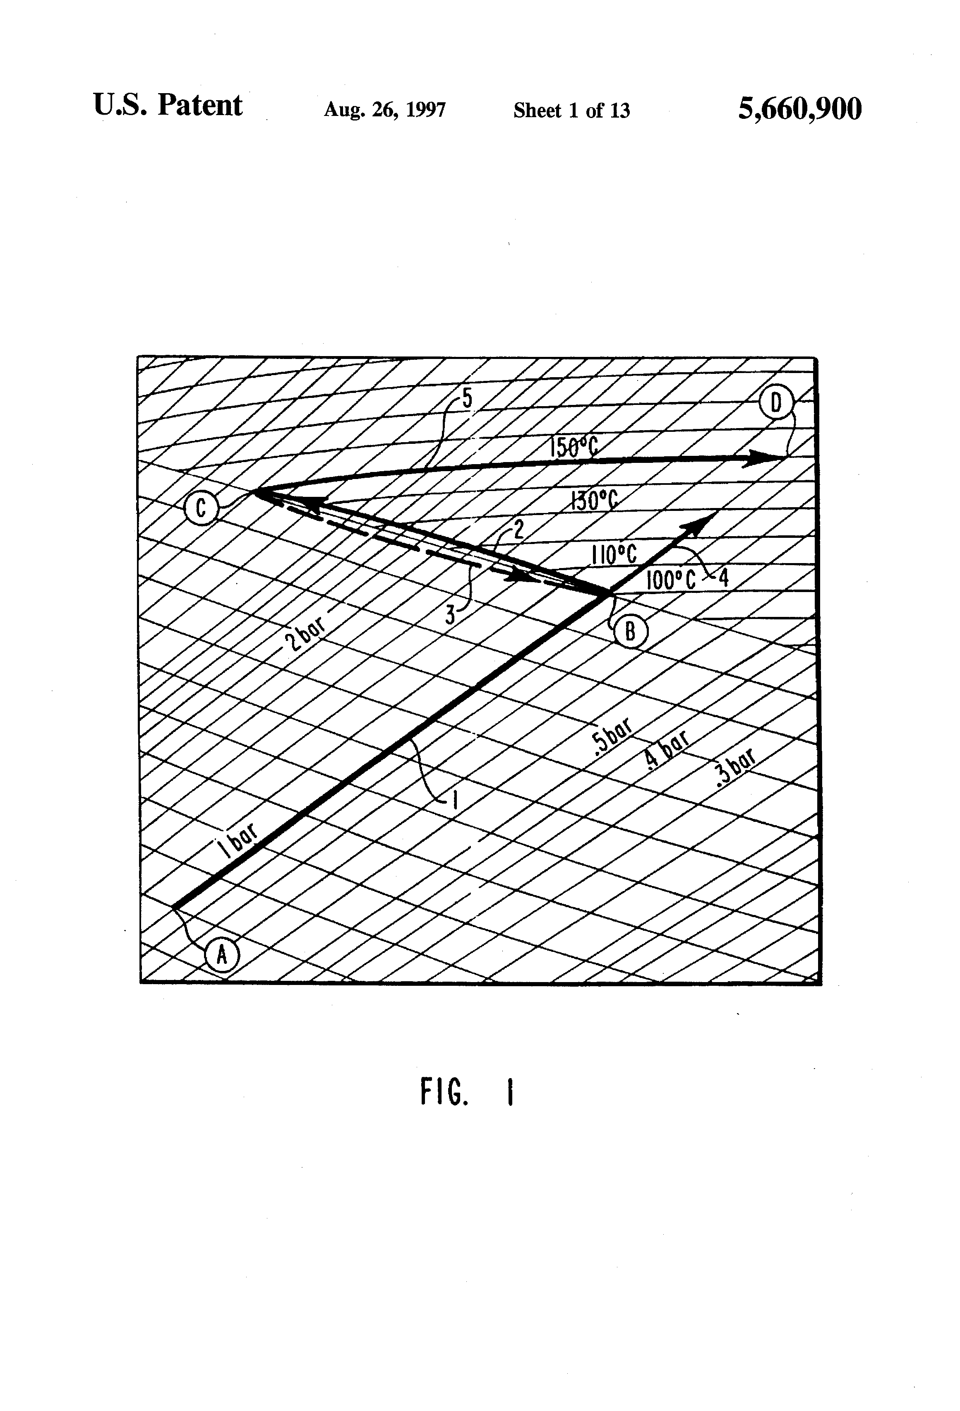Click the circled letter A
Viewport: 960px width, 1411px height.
pyautogui.click(x=222, y=955)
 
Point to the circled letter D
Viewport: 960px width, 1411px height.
pyautogui.click(x=776, y=403)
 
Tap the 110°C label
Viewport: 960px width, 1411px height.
pyautogui.click(x=614, y=555)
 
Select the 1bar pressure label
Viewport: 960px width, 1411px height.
pyautogui.click(x=238, y=838)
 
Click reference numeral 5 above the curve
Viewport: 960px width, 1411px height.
pyautogui.click(x=467, y=398)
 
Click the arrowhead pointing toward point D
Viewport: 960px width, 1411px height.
pyautogui.click(x=763, y=458)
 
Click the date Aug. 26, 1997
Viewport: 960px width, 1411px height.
pyautogui.click(x=385, y=110)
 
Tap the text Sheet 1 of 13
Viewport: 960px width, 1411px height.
pyautogui.click(x=571, y=111)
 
